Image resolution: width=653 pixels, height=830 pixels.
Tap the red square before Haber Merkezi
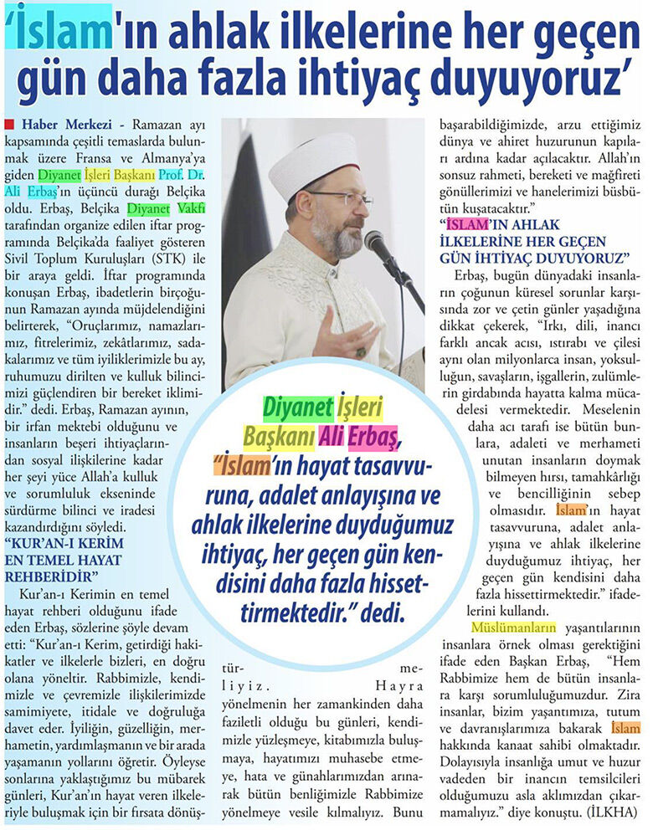[x=8, y=125]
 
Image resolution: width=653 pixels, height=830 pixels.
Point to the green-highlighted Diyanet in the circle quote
[x=295, y=407]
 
